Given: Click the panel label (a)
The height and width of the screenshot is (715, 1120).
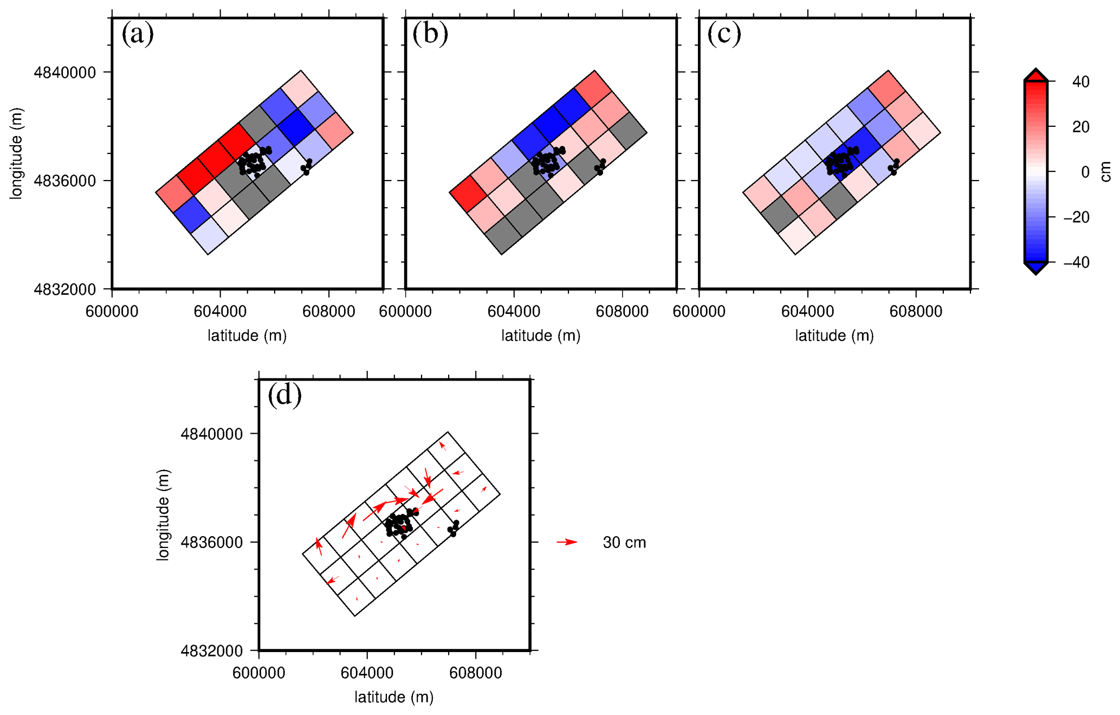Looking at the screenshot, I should pyautogui.click(x=138, y=34).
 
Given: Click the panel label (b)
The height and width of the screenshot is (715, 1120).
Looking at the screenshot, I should pyautogui.click(x=430, y=34).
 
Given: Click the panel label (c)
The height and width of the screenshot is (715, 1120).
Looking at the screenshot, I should pyautogui.click(x=724, y=34).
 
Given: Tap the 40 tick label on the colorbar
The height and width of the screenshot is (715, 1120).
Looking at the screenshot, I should pyautogui.click(x=1080, y=82).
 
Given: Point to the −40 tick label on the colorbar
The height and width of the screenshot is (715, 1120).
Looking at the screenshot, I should pyautogui.click(x=1076, y=262).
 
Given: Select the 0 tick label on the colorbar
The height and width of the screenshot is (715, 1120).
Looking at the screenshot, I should pyautogui.click(x=1085, y=172).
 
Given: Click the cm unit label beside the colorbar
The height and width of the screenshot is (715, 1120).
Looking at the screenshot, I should pyautogui.click(x=1106, y=172).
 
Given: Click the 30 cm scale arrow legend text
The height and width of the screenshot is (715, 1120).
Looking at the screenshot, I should pyautogui.click(x=624, y=543).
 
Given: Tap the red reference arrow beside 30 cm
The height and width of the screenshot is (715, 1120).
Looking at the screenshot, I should pyautogui.click(x=567, y=542).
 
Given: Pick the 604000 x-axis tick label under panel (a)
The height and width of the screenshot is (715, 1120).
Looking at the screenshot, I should pyautogui.click(x=220, y=312).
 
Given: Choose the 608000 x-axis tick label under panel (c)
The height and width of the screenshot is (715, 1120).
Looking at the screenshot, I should pyautogui.click(x=916, y=312).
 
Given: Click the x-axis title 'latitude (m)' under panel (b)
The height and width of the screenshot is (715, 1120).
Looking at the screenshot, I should pyautogui.click(x=541, y=336).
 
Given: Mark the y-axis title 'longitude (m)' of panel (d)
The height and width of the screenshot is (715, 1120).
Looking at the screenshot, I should pyautogui.click(x=163, y=515).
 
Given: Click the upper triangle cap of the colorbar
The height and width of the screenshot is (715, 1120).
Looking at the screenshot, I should pyautogui.click(x=1035, y=75).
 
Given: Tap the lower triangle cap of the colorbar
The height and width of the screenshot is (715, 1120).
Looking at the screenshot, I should pyautogui.click(x=1035, y=268).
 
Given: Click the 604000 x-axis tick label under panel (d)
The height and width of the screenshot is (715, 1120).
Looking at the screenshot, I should pyautogui.click(x=367, y=673).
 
